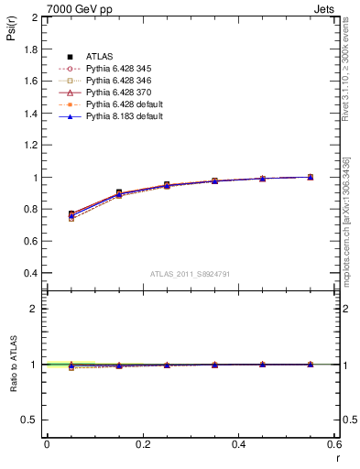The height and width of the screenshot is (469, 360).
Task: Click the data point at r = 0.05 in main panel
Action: tap(71, 214)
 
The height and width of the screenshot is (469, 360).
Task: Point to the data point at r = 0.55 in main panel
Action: tap(311, 177)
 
